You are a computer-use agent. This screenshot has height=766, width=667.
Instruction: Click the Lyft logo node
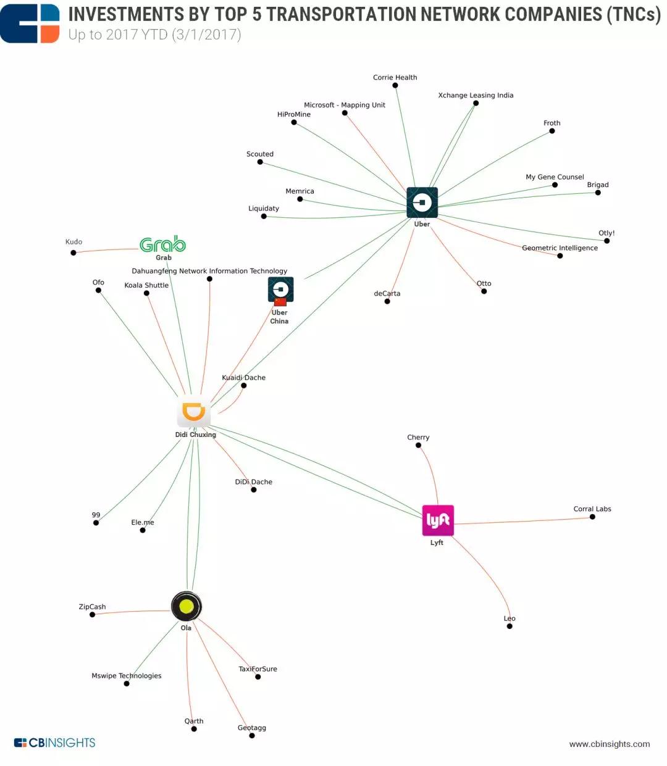[438, 520]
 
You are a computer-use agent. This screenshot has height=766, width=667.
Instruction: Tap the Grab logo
[162, 244]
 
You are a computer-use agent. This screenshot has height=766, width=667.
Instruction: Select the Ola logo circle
[186, 606]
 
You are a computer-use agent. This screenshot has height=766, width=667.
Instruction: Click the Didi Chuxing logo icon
[194, 412]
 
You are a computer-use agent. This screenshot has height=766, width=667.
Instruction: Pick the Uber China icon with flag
[280, 291]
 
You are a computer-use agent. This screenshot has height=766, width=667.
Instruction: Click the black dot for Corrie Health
[395, 85]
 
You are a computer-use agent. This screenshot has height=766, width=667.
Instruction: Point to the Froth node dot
[552, 131]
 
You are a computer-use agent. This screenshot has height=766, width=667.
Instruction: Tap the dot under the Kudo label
[73, 252]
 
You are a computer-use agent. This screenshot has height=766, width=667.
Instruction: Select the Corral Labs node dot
[592, 517]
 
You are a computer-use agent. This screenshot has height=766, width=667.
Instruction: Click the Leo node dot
[510, 627]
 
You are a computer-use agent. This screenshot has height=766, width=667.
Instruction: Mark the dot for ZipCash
[92, 614]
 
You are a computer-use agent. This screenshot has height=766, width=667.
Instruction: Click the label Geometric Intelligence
[560, 248]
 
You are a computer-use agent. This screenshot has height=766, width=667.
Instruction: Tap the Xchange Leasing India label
[476, 95]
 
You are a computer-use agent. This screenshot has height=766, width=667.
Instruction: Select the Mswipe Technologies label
[127, 675]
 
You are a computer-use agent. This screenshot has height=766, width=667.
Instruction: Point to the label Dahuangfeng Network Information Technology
[209, 271]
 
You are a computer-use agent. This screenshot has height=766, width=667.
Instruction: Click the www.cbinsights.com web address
[610, 744]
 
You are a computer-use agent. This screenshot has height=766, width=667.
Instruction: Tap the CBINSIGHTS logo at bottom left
[55, 743]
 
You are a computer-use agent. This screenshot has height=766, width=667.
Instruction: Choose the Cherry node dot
[418, 445]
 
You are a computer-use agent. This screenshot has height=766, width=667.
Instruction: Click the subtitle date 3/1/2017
[206, 35]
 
